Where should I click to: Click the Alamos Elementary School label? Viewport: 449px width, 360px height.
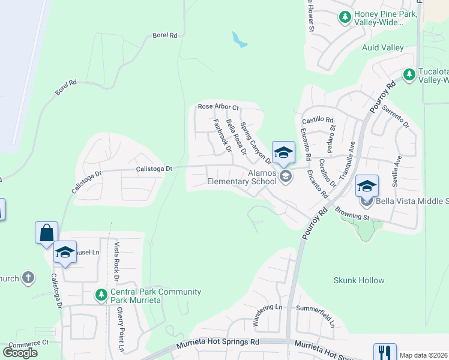(x=241, y=176)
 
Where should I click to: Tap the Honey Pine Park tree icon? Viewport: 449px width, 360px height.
(x=345, y=17)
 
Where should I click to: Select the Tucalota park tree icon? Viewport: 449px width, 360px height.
(x=409, y=74)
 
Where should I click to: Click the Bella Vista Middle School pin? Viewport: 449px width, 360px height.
(x=367, y=187)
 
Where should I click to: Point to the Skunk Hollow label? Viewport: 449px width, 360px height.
(x=359, y=280)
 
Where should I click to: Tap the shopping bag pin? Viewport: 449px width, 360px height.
(x=46, y=233)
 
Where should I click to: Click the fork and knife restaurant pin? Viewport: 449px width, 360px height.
(x=384, y=352)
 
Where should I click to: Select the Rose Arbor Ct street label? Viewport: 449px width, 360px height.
(x=218, y=107)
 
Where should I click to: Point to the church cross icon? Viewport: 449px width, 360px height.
(x=28, y=278)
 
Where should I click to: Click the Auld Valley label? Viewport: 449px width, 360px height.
(x=382, y=47)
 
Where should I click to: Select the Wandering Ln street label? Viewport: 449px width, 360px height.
(x=267, y=315)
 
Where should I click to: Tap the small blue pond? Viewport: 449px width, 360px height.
(x=240, y=40)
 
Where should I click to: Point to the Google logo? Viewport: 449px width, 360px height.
(x=20, y=352)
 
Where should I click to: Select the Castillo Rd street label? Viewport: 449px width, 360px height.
(x=317, y=120)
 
